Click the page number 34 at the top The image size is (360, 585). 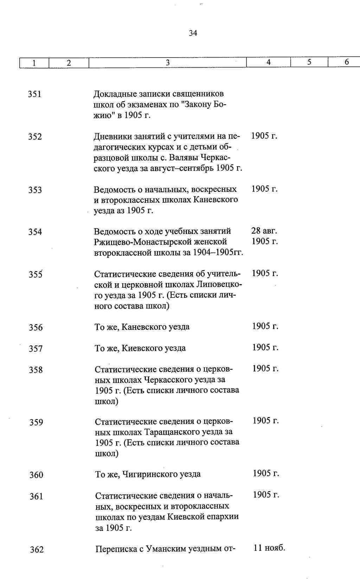pyautogui.click(x=193, y=33)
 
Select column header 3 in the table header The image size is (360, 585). pyautogui.click(x=168, y=63)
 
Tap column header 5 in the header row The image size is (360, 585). pyautogui.click(x=309, y=62)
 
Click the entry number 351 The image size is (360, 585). pyautogui.click(x=35, y=94)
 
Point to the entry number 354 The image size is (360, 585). pyautogui.click(x=35, y=232)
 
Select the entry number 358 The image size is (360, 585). pyautogui.click(x=36, y=370)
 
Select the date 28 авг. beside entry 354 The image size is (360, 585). pyautogui.click(x=264, y=231)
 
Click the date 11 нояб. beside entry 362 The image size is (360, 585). pyautogui.click(x=269, y=548)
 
